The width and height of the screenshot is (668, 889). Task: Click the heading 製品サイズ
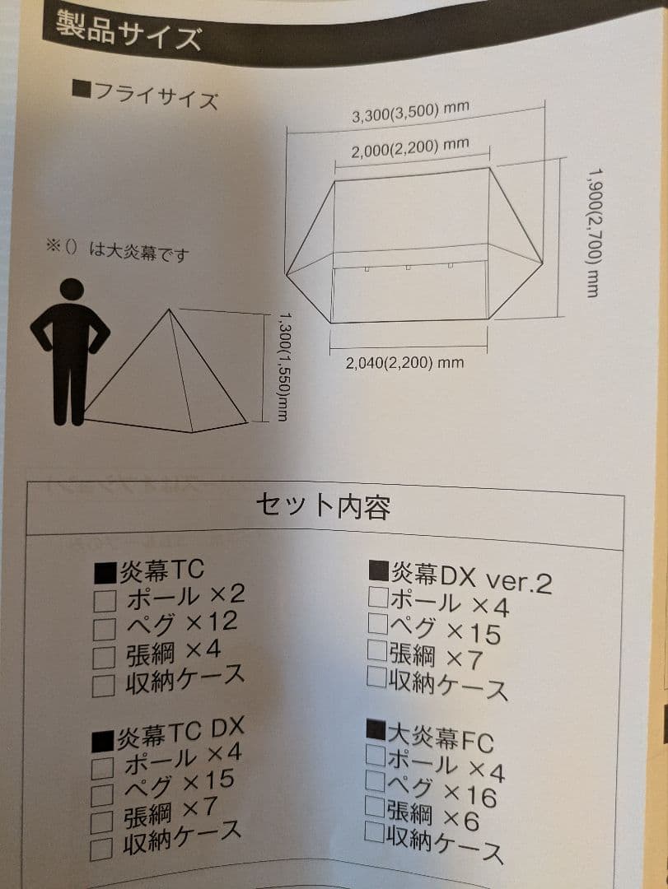[x=128, y=32]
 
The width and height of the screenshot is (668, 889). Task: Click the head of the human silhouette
[x=72, y=291]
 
